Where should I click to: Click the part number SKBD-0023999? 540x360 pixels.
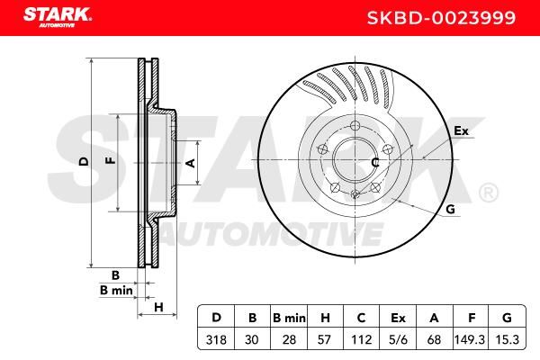tap(441, 18)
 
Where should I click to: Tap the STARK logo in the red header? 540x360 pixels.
tap(58, 17)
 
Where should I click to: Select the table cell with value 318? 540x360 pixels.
tap(216, 339)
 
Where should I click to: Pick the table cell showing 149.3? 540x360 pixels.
tap(470, 339)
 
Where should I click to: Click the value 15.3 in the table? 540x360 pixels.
tap(507, 339)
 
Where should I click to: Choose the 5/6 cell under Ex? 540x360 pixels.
tap(398, 339)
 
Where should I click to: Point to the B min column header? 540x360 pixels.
tap(289, 318)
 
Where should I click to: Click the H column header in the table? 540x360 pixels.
tap(325, 318)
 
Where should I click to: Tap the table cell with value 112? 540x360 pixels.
tap(361, 339)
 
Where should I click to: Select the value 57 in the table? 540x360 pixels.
tap(324, 339)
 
